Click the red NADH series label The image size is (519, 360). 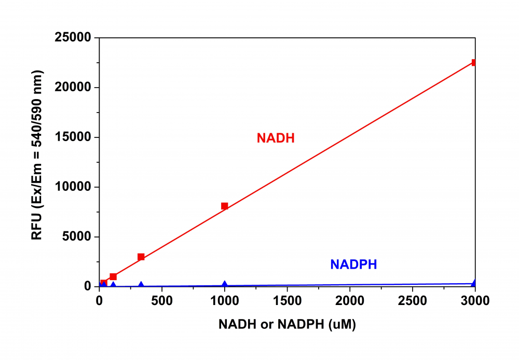(x=276, y=138)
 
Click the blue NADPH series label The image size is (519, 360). (x=353, y=265)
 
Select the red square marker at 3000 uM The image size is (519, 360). (x=474, y=62)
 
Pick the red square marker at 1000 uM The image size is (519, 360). (x=225, y=206)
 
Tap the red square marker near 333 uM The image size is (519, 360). (x=141, y=257)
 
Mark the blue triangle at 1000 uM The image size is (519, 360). (x=225, y=284)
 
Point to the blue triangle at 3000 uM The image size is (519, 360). (x=474, y=283)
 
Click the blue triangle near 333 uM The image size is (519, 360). (x=141, y=285)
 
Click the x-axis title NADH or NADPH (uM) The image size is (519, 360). (x=287, y=325)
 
